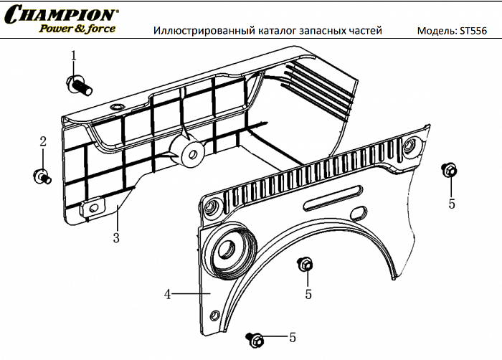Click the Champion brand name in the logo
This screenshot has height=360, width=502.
[x=62, y=14]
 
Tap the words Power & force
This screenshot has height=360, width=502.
[x=77, y=29]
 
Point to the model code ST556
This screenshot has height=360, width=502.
[x=476, y=31]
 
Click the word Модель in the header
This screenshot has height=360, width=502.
[x=435, y=31]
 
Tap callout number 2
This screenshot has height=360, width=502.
[x=43, y=141]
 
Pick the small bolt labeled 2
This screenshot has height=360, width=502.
[x=42, y=174]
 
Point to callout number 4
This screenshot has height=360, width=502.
[x=166, y=294]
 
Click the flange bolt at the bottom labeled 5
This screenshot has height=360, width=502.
[x=255, y=338]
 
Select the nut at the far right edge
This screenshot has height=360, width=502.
[x=450, y=171]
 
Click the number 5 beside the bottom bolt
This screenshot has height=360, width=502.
[x=292, y=337]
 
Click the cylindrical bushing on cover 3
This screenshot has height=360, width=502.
[x=189, y=151]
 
